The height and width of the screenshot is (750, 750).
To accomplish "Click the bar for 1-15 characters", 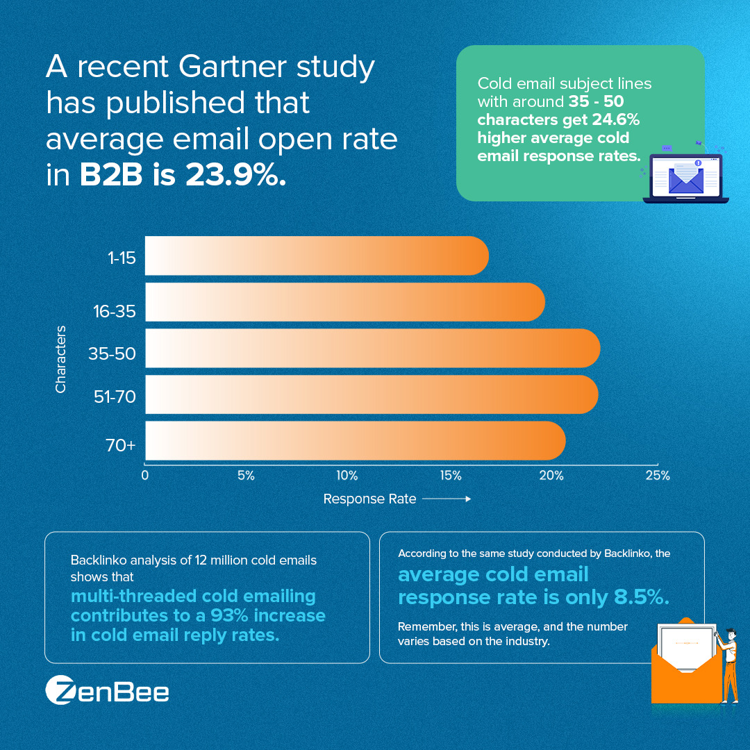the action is point(317,256).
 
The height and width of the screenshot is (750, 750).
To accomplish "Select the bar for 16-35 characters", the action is point(345,302).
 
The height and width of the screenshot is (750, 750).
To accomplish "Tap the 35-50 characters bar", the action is point(373,348).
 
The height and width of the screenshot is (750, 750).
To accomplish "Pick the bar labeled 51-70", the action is point(372,394).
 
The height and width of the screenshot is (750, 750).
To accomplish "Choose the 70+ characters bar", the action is point(356,440).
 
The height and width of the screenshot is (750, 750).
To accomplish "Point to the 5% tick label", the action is point(246,476).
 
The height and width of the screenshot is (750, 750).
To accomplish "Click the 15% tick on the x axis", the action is point(451,476).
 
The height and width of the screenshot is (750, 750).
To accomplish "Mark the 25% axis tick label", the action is point(658,476).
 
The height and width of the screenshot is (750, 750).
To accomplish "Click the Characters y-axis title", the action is point(60,359).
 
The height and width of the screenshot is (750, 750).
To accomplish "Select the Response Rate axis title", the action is point(369,499).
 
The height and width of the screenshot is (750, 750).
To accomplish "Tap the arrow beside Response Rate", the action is point(447,499).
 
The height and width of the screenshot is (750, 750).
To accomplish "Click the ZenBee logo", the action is point(107,690).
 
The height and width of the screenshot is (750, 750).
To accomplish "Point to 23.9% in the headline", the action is point(236,174).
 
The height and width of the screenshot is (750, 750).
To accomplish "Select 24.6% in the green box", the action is point(615,119).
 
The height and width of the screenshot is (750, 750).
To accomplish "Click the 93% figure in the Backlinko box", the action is point(229,615).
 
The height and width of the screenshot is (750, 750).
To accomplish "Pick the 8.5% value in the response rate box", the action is point(642,597).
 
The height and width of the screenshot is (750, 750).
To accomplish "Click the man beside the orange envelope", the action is point(727,665).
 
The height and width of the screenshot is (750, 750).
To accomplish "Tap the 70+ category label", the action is point(121,445).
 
